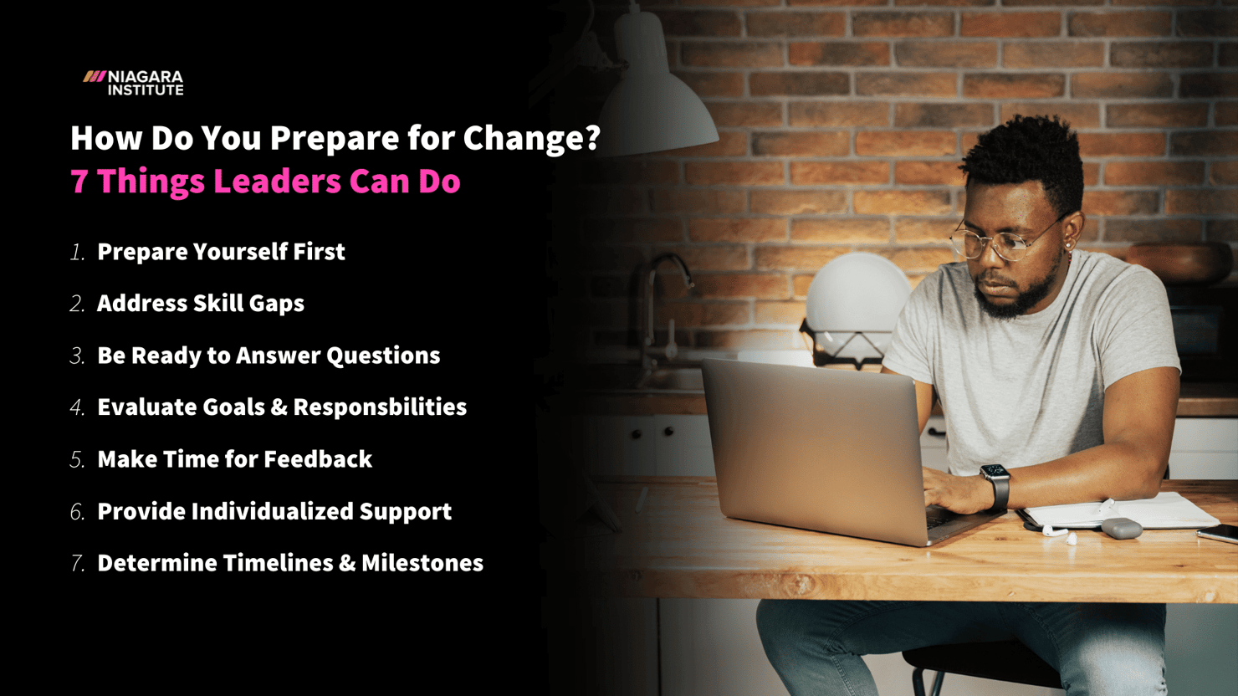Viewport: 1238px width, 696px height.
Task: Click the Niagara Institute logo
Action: pyautogui.click(x=134, y=83)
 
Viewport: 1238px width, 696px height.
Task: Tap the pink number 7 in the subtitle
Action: pyautogui.click(x=79, y=182)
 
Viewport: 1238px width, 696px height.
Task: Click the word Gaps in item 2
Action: pyautogui.click(x=276, y=304)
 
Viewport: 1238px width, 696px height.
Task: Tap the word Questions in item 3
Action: pyautogui.click(x=383, y=356)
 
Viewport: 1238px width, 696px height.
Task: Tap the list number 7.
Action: pyautogui.click(x=78, y=563)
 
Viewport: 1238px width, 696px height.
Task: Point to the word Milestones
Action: pyautogui.click(x=422, y=563)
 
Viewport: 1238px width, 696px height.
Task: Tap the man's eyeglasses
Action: pyautogui.click(x=995, y=243)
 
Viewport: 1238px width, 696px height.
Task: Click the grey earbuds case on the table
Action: pyautogui.click(x=1121, y=528)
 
